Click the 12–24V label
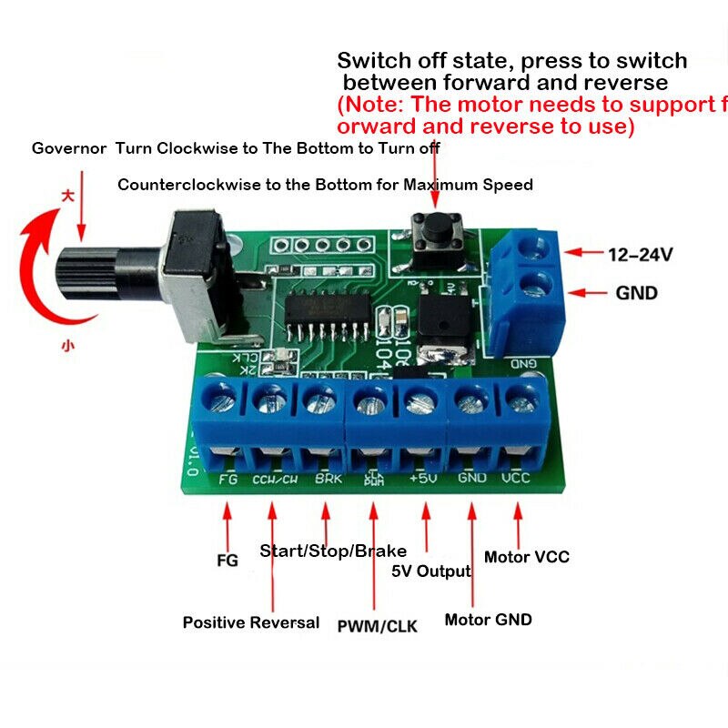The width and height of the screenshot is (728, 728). [640, 255]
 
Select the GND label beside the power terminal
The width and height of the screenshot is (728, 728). [636, 293]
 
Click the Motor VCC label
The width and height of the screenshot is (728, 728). [526, 556]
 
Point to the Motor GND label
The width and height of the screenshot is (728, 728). [488, 620]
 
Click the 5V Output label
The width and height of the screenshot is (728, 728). [430, 571]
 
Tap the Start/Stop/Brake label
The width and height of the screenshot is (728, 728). [333, 551]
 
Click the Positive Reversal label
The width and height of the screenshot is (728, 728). [251, 622]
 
